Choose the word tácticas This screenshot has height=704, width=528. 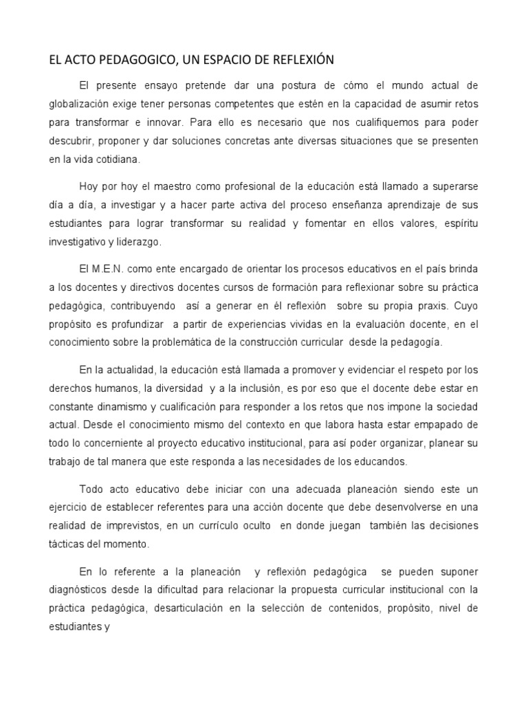tap(67, 543)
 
